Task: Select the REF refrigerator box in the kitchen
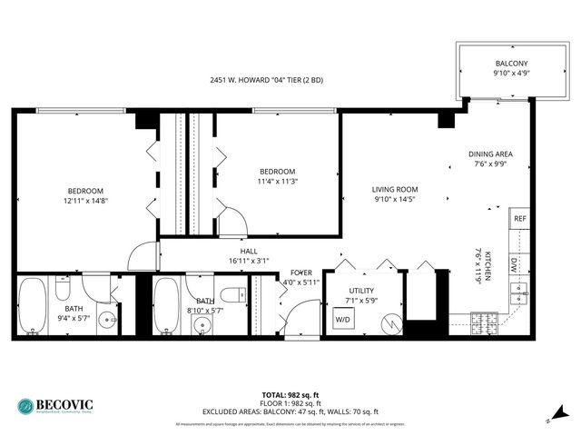(x=519, y=219)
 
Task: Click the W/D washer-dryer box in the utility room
(x=343, y=320)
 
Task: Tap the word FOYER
(x=300, y=272)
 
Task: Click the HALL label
(x=249, y=251)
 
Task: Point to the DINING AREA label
(x=491, y=154)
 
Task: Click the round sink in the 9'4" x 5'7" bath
(x=107, y=319)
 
